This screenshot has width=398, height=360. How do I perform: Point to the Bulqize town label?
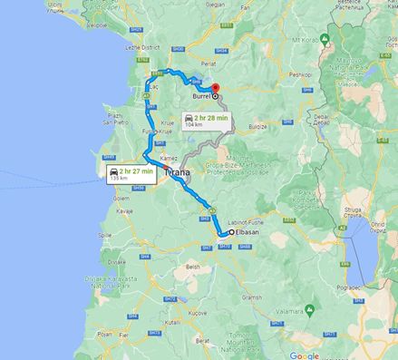pos(258,128)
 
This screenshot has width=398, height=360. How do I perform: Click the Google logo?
pos(304,355)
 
